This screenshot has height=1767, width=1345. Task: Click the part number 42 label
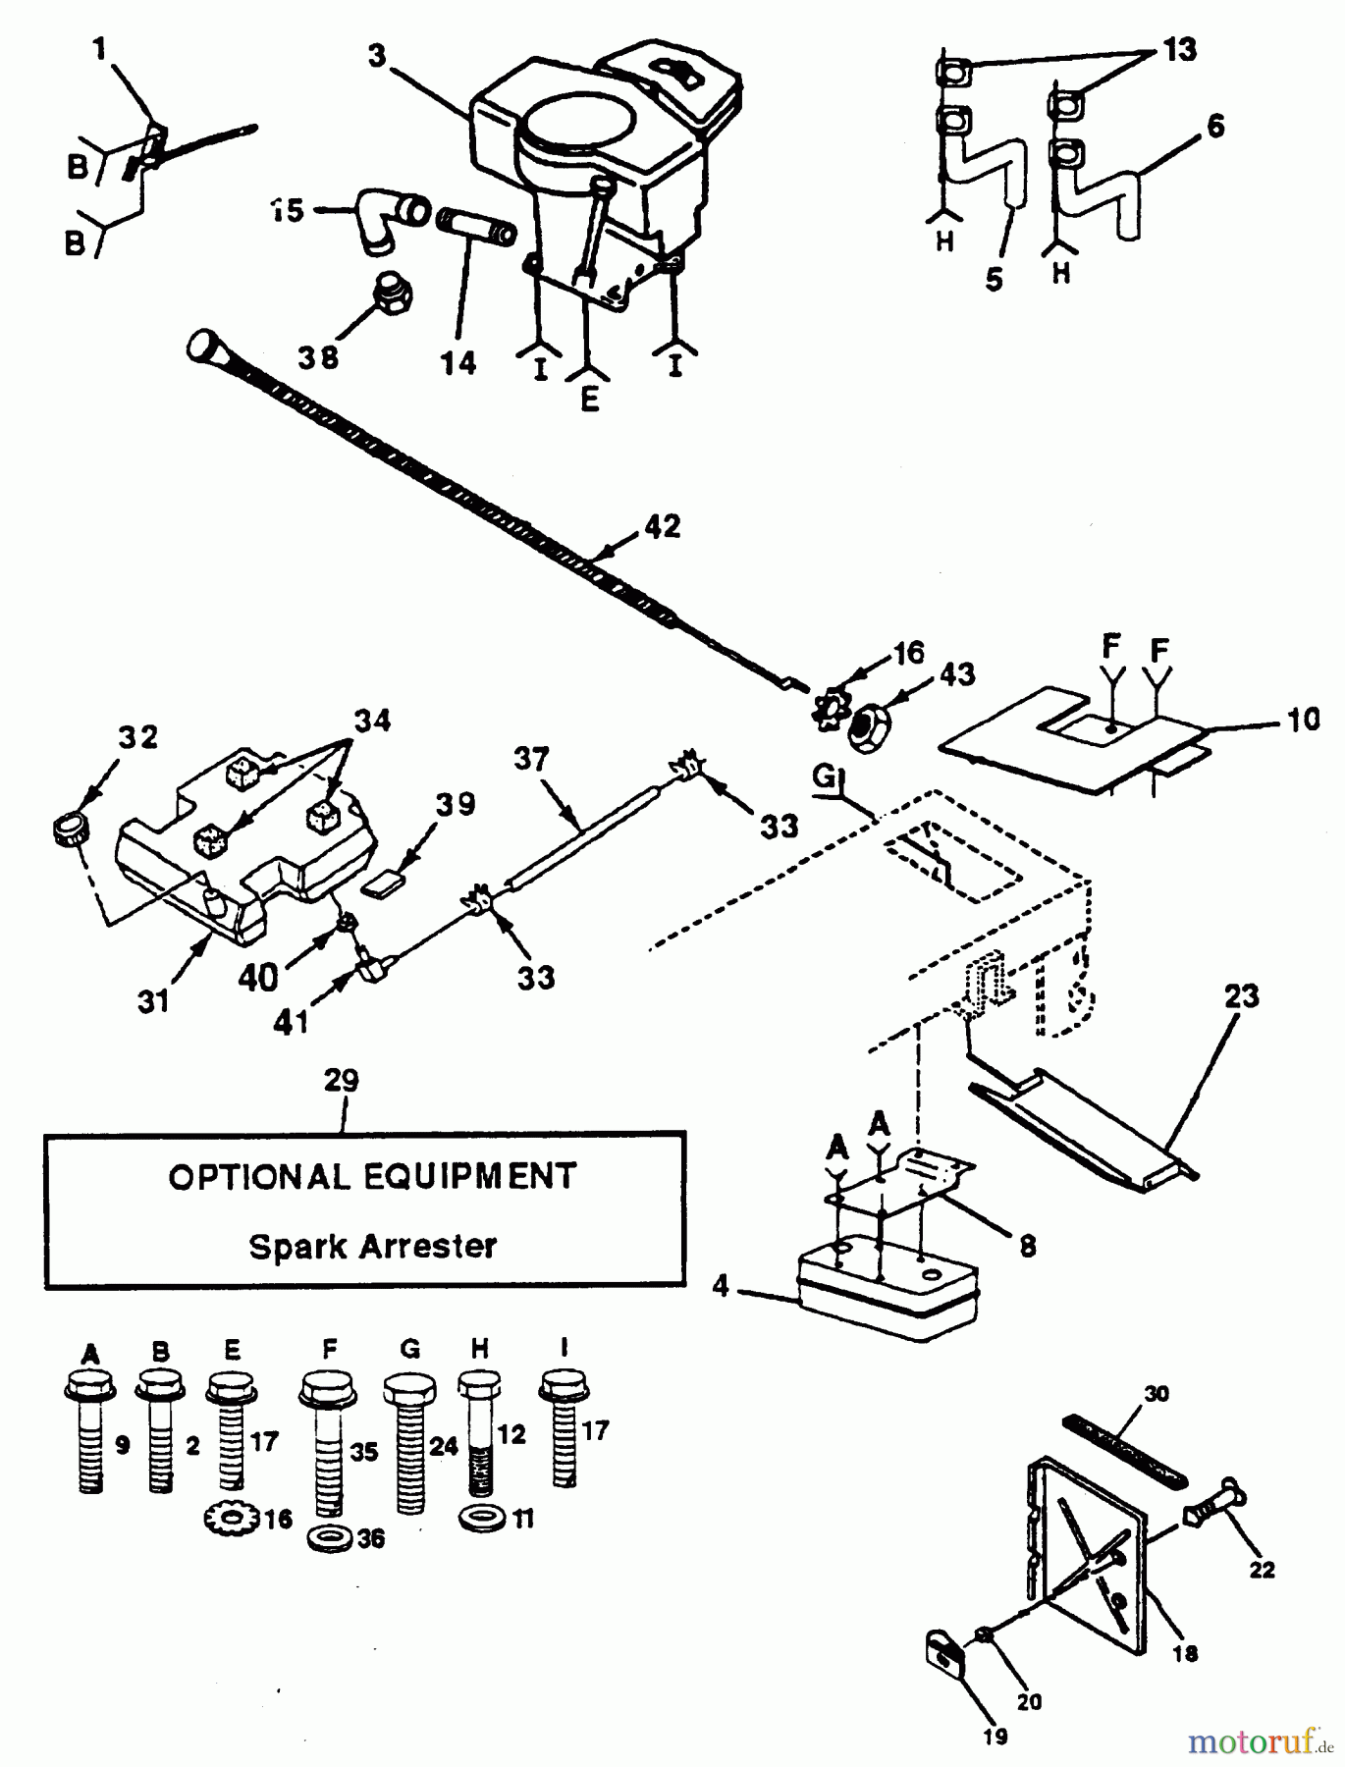(663, 527)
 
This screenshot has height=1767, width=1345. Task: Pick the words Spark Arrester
(372, 1247)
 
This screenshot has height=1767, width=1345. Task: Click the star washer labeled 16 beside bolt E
(231, 1519)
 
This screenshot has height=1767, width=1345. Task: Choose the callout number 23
(1242, 996)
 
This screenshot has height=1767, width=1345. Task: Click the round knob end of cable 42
(203, 346)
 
